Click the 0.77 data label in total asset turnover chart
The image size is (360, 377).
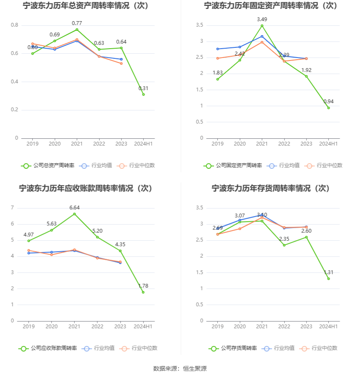(x=77, y=23)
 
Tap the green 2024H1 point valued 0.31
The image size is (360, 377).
(x=144, y=94)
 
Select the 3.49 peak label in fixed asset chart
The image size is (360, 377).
(x=262, y=19)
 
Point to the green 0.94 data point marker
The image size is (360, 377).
(x=328, y=108)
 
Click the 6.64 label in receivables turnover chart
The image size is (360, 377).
(x=75, y=207)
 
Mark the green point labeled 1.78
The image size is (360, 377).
(x=143, y=292)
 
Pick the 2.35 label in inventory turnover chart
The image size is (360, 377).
(x=284, y=239)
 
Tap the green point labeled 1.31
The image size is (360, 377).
(x=328, y=278)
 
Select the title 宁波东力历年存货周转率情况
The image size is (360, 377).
(x=271, y=188)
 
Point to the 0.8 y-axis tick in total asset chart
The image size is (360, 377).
(x=14, y=25)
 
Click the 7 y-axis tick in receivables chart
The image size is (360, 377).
(x=12, y=208)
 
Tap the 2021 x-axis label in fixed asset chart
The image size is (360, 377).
(x=262, y=144)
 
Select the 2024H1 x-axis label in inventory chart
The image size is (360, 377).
(x=328, y=327)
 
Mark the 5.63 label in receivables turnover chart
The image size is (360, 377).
(x=52, y=223)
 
